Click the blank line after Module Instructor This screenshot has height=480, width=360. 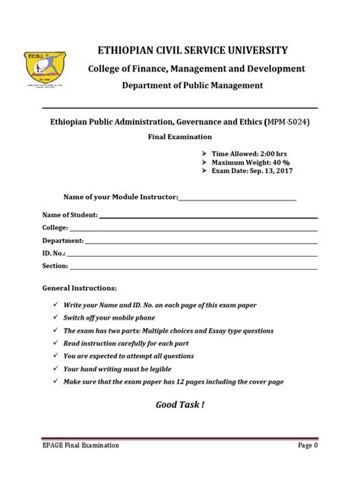click(x=236, y=198)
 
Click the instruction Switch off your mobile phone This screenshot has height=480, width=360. click(x=109, y=317)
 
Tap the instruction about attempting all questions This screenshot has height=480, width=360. click(x=128, y=355)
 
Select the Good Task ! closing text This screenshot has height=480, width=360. click(x=180, y=405)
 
